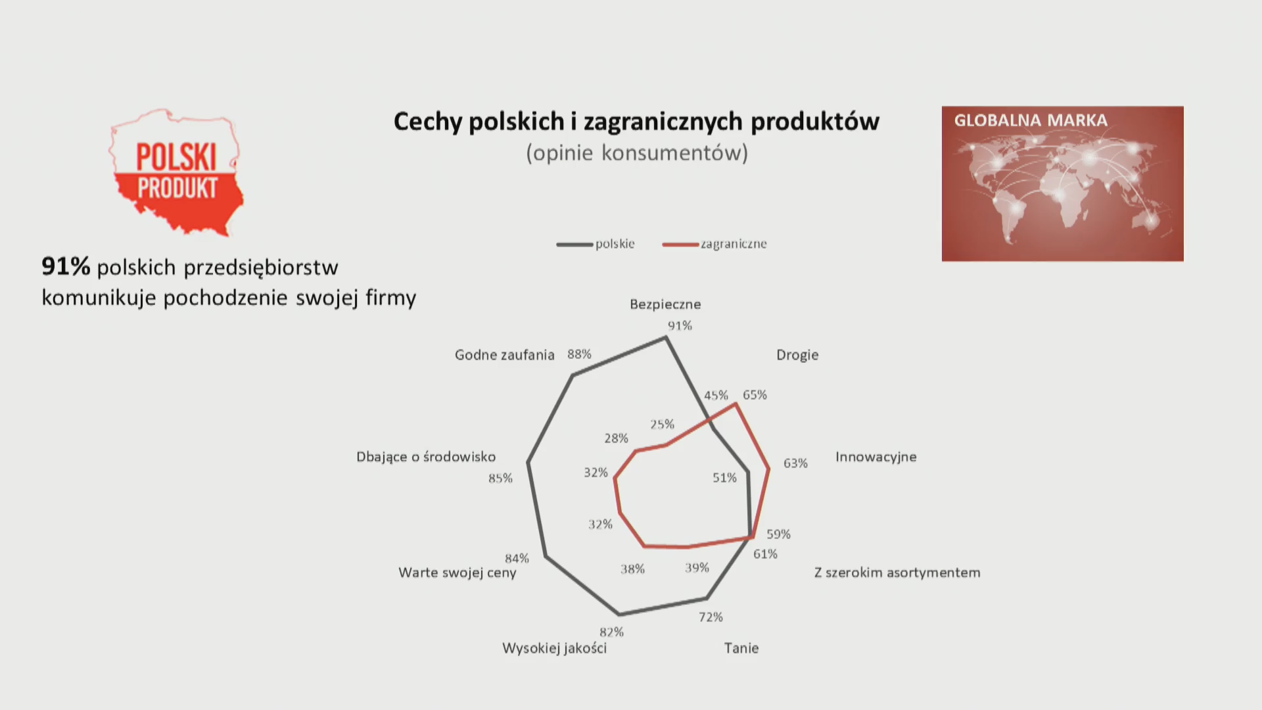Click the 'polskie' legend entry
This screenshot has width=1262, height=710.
596,244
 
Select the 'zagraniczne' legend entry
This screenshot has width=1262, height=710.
714,244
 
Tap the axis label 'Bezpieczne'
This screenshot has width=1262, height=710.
665,304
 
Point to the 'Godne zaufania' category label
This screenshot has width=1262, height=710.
505,355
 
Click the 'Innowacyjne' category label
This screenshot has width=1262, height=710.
876,457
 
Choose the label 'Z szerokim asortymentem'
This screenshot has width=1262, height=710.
897,573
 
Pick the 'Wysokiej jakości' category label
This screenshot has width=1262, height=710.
554,648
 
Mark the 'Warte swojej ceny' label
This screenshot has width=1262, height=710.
457,573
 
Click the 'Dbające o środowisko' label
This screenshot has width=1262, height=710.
426,457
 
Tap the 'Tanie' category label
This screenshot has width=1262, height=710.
741,648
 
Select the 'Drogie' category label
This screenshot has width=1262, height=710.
797,355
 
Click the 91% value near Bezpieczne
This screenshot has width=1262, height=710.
680,325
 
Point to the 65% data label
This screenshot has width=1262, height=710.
755,395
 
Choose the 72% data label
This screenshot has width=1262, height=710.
711,617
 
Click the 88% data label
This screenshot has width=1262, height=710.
579,354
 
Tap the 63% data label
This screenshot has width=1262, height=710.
795,463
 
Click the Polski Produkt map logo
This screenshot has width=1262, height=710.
175,172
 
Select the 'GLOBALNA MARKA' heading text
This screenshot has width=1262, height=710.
1031,120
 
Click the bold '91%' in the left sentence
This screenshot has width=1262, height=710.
66,266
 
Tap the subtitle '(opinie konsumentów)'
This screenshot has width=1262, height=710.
637,153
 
